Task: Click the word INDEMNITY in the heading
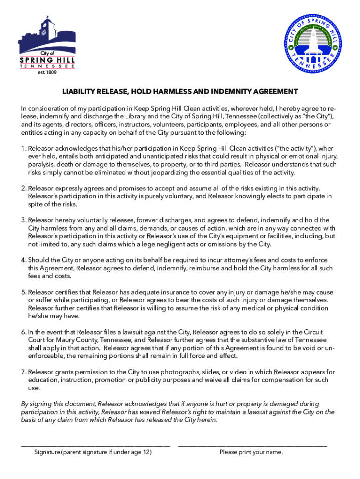pyautogui.click(x=230, y=91)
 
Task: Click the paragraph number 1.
pyautogui.click(x=23, y=149)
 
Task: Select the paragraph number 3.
pyautogui.click(x=23, y=220)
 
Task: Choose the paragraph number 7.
pyautogui.click(x=23, y=372)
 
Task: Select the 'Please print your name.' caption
pyautogui.click(x=251, y=453)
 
